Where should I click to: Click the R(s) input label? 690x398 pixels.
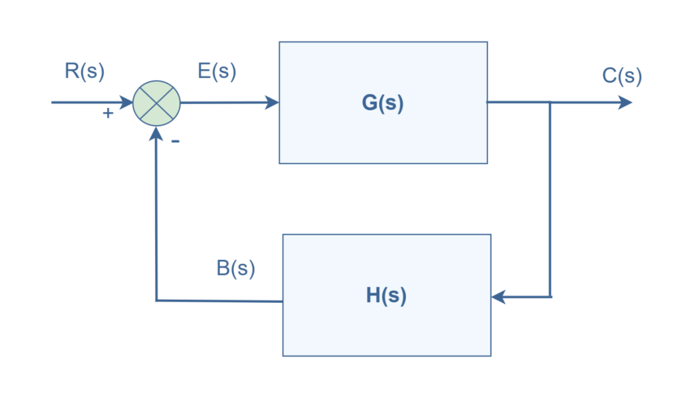pyautogui.click(x=84, y=71)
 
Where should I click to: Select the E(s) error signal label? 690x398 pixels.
pyautogui.click(x=217, y=71)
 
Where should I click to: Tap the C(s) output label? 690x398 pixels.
pyautogui.click(x=622, y=76)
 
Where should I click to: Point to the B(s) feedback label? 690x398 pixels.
pyautogui.click(x=235, y=269)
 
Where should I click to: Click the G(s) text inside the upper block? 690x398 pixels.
pyautogui.click(x=382, y=103)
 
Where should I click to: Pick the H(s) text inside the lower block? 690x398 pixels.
pyautogui.click(x=386, y=296)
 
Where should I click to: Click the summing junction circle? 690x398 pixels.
pyautogui.click(x=156, y=103)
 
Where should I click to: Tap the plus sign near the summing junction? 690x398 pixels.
pyautogui.click(x=108, y=114)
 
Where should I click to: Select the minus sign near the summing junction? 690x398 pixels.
pyautogui.click(x=175, y=141)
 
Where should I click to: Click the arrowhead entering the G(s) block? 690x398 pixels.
pyautogui.click(x=271, y=103)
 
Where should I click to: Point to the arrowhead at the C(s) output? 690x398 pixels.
pyautogui.click(x=625, y=102)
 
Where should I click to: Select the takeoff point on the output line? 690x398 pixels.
pyautogui.click(x=550, y=102)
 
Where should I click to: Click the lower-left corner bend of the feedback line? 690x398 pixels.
pyautogui.click(x=156, y=301)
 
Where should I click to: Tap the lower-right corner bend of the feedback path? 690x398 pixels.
pyautogui.click(x=550, y=297)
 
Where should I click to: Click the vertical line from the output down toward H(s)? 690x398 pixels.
pyautogui.click(x=550, y=199)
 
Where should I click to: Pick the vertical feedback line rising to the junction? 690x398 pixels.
pyautogui.click(x=156, y=219)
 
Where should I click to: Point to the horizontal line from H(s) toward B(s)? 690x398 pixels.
pyautogui.click(x=219, y=301)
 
